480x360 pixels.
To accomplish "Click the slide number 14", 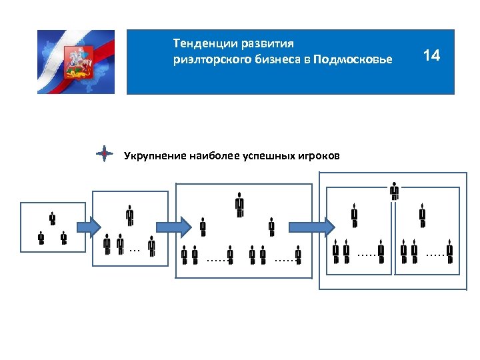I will coord(431,55).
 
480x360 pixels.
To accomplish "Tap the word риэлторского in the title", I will coord(209,60).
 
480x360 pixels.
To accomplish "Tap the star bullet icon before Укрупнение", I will coord(104,155).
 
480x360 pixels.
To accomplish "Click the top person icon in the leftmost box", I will coord(52,219).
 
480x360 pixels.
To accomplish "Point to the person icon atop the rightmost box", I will coord(395,191).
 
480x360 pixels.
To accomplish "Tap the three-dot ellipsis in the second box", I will coord(134,251).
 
